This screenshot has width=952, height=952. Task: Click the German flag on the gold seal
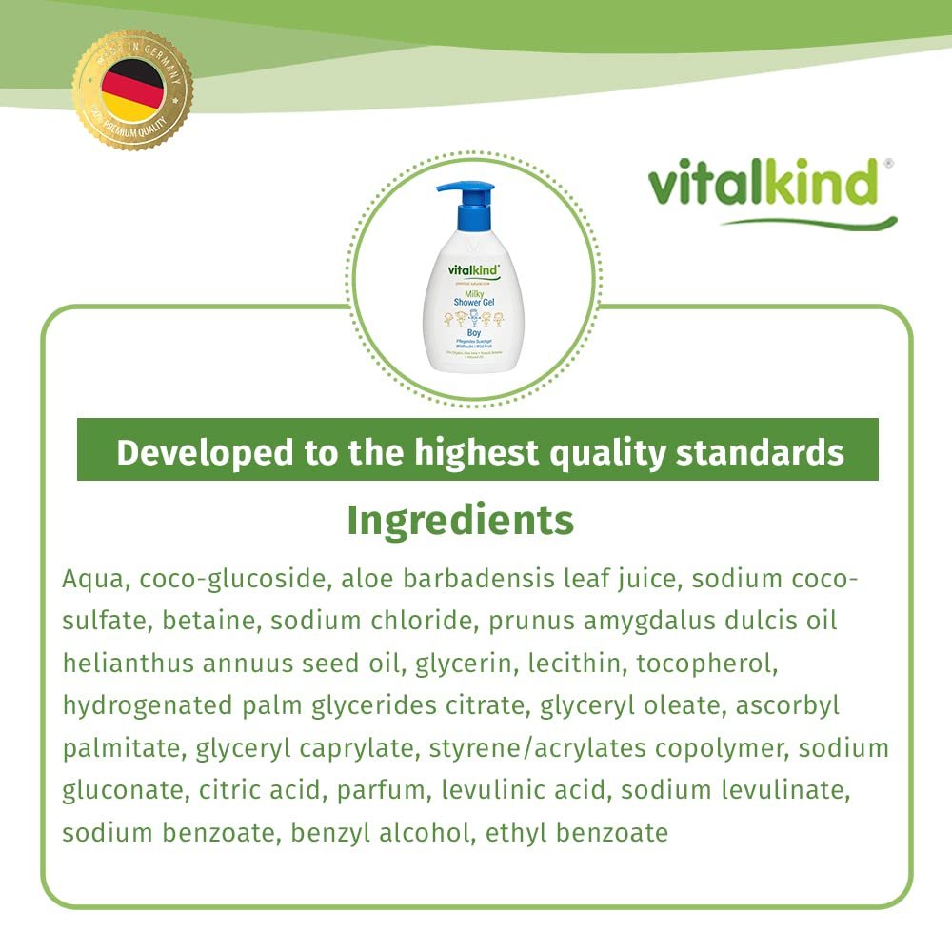[x=133, y=89]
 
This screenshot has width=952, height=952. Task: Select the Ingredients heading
[x=460, y=520]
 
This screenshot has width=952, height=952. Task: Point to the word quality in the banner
[x=600, y=453]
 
